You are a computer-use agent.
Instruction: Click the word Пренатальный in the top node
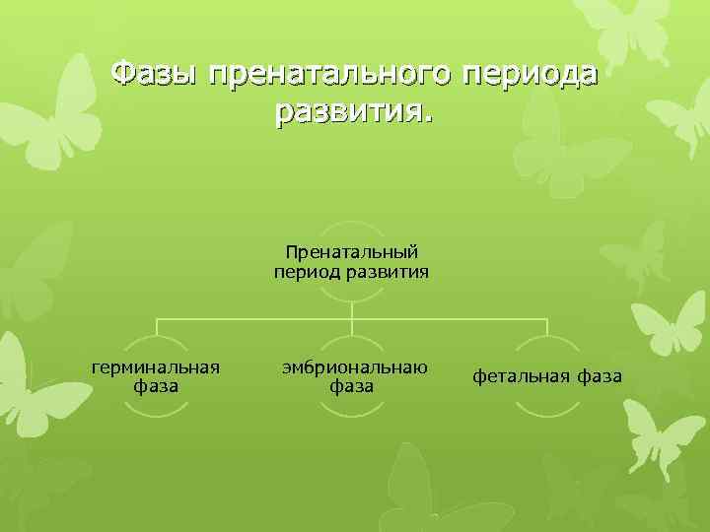click(x=352, y=253)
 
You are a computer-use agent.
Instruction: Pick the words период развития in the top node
click(x=352, y=271)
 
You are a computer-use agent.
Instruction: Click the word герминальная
click(x=155, y=366)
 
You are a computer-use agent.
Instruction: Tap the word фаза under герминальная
click(x=155, y=385)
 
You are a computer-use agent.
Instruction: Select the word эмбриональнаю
click(x=352, y=366)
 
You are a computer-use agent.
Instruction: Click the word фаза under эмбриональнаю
click(x=352, y=385)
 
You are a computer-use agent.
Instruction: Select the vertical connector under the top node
click(x=352, y=307)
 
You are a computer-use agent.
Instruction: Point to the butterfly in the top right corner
click(x=631, y=30)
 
